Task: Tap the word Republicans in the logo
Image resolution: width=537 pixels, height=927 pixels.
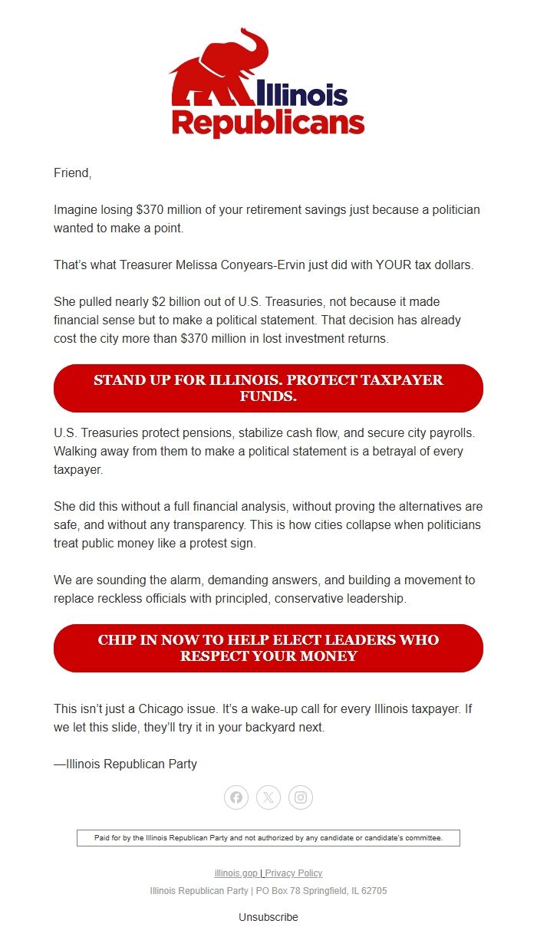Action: coord(268,123)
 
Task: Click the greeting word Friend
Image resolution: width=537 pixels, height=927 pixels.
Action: coord(72,173)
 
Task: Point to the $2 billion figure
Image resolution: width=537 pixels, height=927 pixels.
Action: coord(173,302)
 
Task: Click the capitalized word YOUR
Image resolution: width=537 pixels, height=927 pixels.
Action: coord(395,265)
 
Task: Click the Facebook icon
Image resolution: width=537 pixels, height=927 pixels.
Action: coord(236,797)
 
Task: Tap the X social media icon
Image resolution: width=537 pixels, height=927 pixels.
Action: coord(268,797)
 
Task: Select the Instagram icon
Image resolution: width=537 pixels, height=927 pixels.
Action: coord(301,797)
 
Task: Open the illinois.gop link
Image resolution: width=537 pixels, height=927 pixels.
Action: coord(236,873)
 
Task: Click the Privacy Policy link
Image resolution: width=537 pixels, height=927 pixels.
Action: coord(294,873)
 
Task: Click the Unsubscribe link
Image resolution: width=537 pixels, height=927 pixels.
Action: coord(268,917)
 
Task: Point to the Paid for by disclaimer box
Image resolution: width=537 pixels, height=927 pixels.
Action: coord(268,838)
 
